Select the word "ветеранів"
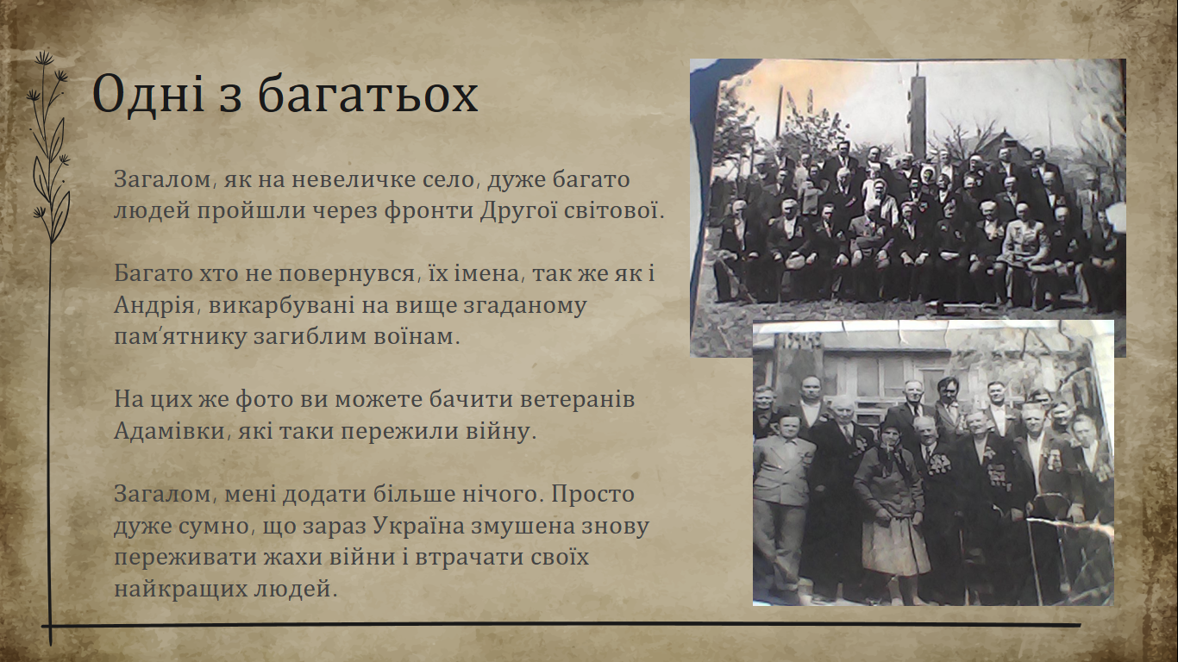pos(578,400)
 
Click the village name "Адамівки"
pos(170,432)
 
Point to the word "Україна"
pos(419,527)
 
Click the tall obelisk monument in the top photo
pos(918,116)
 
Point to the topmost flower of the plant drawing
pos(44,58)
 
